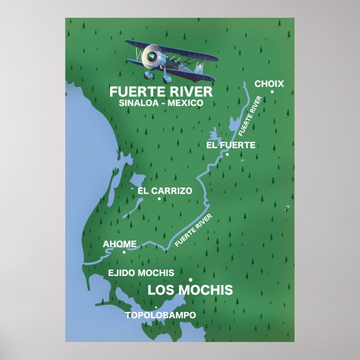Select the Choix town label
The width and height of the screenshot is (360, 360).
point(269,84)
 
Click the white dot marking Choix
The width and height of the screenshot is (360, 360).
point(272,92)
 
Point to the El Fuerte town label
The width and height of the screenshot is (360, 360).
point(230,145)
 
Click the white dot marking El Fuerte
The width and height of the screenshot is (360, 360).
point(227,154)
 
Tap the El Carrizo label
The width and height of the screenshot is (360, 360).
point(164,191)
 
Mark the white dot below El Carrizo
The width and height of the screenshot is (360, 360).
point(159,198)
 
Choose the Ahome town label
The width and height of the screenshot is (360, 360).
point(120,244)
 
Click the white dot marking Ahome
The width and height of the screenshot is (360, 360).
point(124,252)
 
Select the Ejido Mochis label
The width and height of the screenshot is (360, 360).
point(141,273)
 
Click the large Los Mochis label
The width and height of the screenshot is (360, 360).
point(190,290)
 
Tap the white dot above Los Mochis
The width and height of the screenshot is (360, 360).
point(191,280)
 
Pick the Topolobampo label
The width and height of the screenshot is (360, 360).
point(160,315)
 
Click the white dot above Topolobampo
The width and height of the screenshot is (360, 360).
point(156,307)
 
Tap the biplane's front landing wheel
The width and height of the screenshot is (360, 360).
point(149,74)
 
